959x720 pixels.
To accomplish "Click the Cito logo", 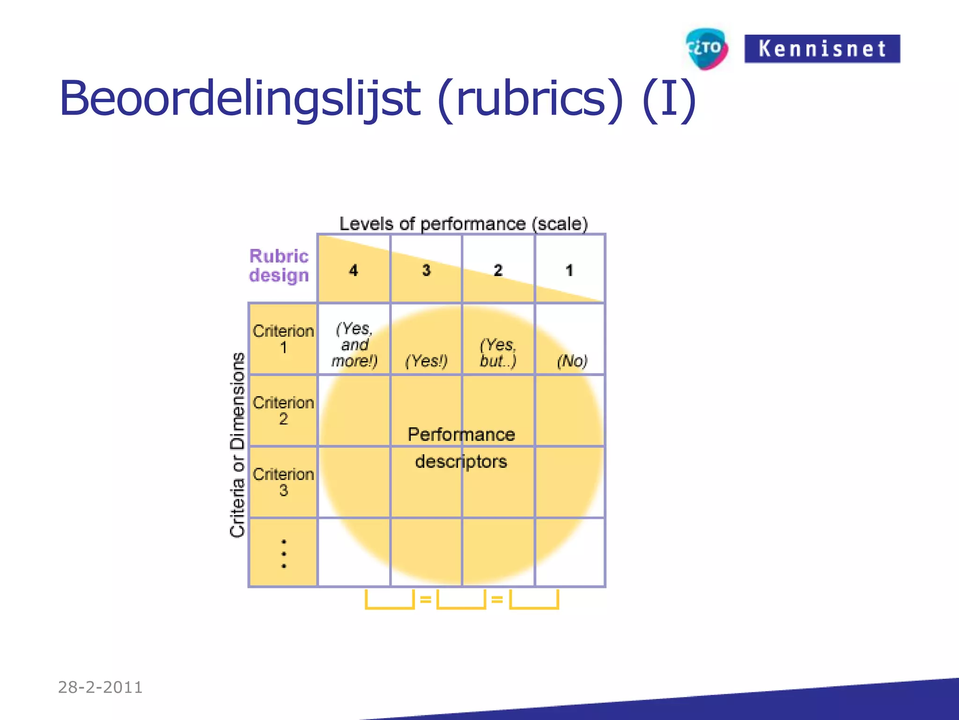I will click(x=706, y=48).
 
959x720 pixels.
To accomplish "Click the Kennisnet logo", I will click(x=822, y=49).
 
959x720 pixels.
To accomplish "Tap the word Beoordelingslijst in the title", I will click(x=239, y=99).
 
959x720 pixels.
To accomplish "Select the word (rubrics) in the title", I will click(x=530, y=99).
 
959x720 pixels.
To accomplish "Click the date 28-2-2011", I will click(x=100, y=687).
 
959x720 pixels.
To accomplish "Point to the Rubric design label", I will click(x=279, y=266).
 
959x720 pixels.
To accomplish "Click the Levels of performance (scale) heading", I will click(x=463, y=224).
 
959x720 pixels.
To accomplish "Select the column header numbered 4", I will click(x=354, y=270).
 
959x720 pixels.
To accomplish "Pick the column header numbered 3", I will click(x=426, y=270).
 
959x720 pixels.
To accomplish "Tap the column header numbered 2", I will click(x=498, y=270).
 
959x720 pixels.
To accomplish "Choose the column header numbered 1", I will click(x=569, y=270).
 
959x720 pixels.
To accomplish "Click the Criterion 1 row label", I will click(x=283, y=339).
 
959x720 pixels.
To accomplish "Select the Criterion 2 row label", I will click(x=283, y=410).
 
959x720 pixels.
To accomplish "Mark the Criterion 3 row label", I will click(x=283, y=482).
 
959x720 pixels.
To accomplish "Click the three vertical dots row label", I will click(x=284, y=554).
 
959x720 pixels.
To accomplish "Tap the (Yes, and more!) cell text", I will click(x=354, y=345).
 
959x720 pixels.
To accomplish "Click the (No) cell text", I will click(x=572, y=361).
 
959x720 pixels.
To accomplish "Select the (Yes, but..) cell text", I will click(x=498, y=352).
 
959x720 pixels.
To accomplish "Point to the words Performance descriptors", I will click(x=461, y=448).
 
